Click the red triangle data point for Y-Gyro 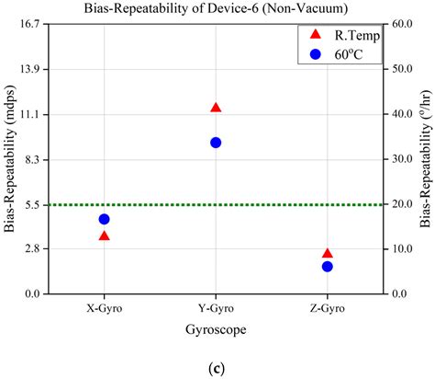(x=216, y=108)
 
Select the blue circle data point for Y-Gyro (x=216, y=143)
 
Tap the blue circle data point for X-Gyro (x=104, y=219)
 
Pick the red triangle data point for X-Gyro (x=104, y=236)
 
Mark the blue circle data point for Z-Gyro (x=328, y=267)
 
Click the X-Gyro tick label (x=104, y=308)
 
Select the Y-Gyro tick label (x=216, y=308)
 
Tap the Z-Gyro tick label (x=328, y=308)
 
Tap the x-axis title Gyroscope (x=216, y=328)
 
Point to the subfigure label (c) (x=216, y=369)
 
